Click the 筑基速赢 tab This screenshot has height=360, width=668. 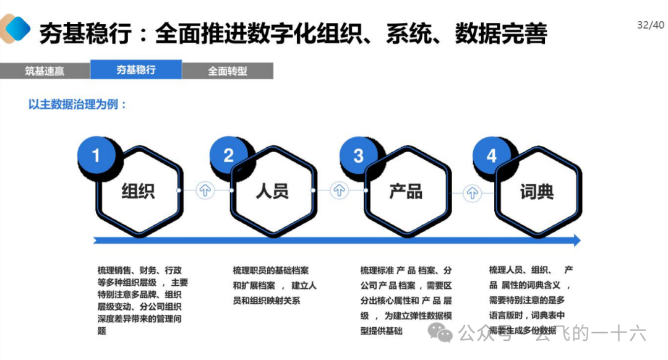pyautogui.click(x=45, y=71)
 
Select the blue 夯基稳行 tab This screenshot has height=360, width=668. pyautogui.click(x=136, y=70)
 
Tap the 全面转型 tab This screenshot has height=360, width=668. pyautogui.click(x=228, y=71)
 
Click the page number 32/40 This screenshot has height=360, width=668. pyautogui.click(x=650, y=25)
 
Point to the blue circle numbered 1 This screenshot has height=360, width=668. pyautogui.click(x=96, y=155)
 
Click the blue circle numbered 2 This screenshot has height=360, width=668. pyautogui.click(x=228, y=155)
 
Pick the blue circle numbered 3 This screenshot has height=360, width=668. pyautogui.click(x=359, y=155)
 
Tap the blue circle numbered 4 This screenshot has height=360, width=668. pyautogui.click(x=491, y=155)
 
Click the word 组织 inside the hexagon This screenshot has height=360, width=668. pyautogui.click(x=139, y=191)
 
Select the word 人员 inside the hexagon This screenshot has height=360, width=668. pyautogui.click(x=272, y=191)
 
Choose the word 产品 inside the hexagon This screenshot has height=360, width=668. pyautogui.click(x=406, y=191)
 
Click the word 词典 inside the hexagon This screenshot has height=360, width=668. pyautogui.click(x=537, y=191)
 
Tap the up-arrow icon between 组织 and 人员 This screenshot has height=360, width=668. pyautogui.click(x=205, y=191)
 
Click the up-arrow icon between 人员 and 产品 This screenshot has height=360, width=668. pyautogui.click(x=338, y=191)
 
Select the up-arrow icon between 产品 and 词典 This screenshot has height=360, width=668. pyautogui.click(x=473, y=191)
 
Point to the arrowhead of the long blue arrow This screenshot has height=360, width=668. pyautogui.click(x=576, y=240)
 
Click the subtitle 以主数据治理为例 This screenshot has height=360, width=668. pyautogui.click(x=78, y=105)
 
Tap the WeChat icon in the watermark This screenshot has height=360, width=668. pyautogui.click(x=444, y=335)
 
